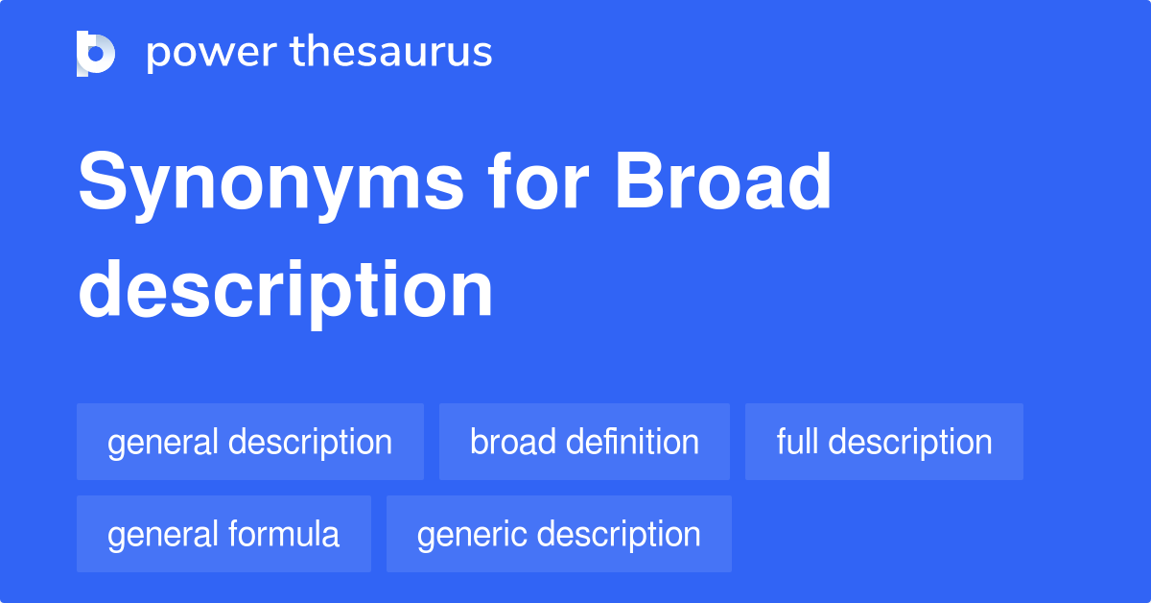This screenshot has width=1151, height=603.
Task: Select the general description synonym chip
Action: (x=249, y=442)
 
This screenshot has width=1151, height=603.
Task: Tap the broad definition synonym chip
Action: (x=584, y=442)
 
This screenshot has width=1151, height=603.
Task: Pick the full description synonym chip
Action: (x=883, y=442)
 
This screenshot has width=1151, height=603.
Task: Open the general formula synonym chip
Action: (x=223, y=534)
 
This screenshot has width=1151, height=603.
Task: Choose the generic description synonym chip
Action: (x=558, y=534)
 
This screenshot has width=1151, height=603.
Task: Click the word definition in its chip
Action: (x=633, y=442)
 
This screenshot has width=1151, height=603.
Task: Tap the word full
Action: (x=798, y=442)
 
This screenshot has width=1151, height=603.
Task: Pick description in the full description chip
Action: (x=910, y=442)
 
